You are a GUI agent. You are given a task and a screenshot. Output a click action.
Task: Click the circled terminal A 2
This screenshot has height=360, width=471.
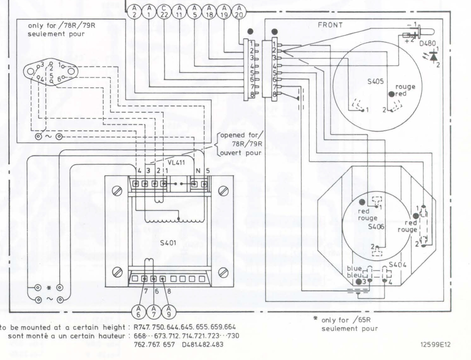pos(134,12)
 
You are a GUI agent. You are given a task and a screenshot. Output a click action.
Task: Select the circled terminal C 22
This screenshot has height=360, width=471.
pos(164,12)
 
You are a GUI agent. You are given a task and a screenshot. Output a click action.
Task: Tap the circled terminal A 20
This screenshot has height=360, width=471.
pos(239,12)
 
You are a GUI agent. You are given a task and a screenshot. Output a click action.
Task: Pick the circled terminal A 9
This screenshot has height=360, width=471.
pos(169,311)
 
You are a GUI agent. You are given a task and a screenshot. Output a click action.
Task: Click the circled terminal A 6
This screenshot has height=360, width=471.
pos(139,311)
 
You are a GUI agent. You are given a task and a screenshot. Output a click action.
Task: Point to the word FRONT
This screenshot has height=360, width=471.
pos(330,25)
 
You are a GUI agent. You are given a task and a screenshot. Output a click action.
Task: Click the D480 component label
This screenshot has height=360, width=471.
pos(428,43)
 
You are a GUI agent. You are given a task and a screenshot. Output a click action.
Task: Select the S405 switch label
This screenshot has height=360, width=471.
pos(376,81)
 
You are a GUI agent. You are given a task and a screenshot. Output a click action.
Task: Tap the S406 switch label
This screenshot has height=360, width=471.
pos(376,226)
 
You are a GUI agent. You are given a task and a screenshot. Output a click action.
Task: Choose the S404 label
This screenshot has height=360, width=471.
pos(398,265)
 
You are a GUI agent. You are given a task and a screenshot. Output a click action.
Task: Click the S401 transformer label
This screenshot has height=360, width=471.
pos(168,243)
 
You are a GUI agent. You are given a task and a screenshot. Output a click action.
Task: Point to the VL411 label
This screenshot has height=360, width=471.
pos(176,163)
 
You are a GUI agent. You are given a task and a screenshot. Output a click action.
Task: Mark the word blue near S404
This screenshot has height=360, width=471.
pos(354,269)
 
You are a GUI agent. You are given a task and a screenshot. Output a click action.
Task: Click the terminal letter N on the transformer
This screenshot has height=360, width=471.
pos(198,171)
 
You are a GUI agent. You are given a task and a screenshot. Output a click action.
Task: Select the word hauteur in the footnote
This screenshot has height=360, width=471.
pos(113,336)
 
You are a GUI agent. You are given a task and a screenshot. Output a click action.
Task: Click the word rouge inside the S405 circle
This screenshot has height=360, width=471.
pos(405,87)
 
